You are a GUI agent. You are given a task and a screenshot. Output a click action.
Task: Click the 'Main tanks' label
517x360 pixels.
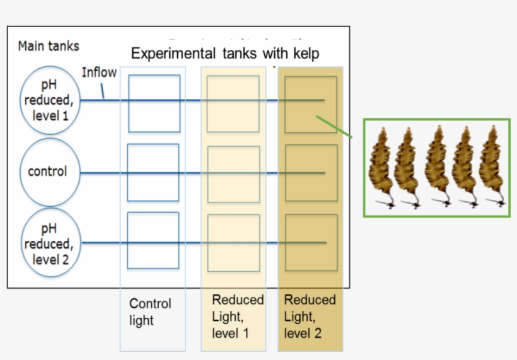[49, 46]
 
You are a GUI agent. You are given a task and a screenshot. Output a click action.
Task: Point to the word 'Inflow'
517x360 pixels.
[99, 73]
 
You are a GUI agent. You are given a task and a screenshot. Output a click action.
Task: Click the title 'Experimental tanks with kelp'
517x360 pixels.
[225, 54]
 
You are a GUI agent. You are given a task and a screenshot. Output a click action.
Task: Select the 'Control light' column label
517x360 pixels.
[150, 311]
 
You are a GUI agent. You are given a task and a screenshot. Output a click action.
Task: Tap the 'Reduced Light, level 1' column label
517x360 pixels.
[237, 316]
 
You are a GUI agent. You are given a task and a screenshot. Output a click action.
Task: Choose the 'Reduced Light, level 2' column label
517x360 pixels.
[310, 316]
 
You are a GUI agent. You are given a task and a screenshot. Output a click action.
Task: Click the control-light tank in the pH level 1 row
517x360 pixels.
[154, 103]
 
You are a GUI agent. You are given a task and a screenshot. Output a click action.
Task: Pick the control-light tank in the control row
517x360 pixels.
[153, 172]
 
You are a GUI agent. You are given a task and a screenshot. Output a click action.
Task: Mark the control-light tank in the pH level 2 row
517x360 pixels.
[153, 240]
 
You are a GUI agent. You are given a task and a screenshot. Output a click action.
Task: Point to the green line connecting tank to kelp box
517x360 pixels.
[334, 126]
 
